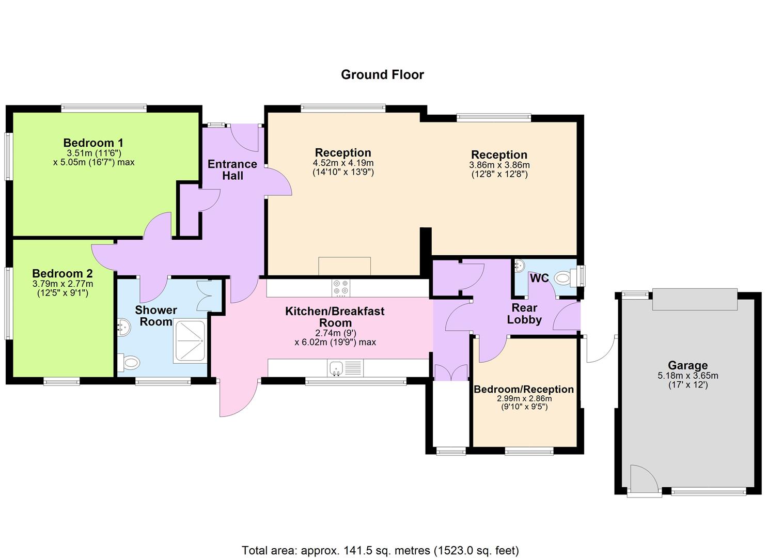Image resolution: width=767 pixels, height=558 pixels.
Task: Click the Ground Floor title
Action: [382, 75]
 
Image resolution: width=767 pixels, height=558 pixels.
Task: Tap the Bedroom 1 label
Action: [93, 143]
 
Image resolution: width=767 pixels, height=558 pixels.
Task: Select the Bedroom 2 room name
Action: [62, 274]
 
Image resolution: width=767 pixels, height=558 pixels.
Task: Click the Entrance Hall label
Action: [232, 170]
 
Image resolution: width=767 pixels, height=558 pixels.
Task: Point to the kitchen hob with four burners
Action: [340, 288]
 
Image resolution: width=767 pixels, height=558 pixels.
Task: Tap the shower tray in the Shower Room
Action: [191, 340]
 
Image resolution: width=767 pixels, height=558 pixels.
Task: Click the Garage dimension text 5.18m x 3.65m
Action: [687, 376]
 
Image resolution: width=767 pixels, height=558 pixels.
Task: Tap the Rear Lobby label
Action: [524, 314]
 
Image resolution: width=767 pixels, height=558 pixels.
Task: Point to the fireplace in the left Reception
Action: [345, 266]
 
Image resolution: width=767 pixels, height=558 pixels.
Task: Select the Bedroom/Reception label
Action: [524, 389]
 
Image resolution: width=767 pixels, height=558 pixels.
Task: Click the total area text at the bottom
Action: [380, 550]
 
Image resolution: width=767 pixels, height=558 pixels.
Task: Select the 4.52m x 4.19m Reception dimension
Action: [343, 163]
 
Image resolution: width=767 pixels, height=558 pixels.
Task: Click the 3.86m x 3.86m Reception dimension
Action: [499, 165]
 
